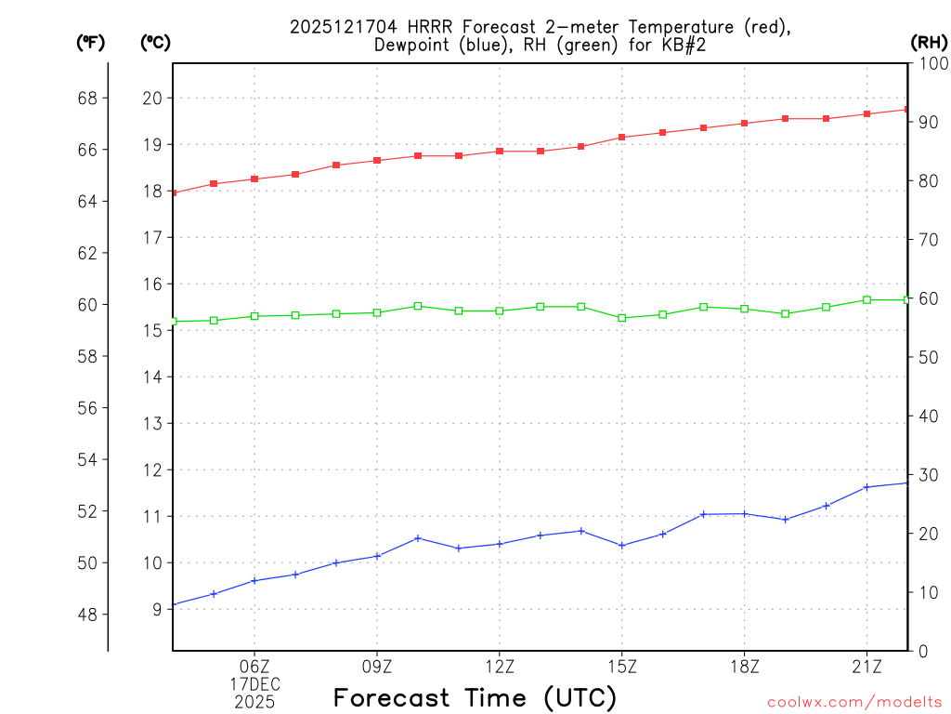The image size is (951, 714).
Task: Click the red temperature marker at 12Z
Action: click(500, 151)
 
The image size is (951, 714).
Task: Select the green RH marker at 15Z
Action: click(622, 318)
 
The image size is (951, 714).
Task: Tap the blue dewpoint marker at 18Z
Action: click(745, 513)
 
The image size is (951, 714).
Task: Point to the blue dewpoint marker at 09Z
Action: click(377, 556)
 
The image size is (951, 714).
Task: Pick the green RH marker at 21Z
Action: click(866, 299)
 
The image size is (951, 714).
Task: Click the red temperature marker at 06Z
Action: click(254, 178)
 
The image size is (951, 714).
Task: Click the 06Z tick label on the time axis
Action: click(254, 667)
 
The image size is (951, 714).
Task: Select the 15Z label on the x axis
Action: click(622, 667)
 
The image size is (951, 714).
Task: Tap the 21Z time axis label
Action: click(866, 667)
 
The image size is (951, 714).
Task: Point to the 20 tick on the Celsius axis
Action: click(152, 99)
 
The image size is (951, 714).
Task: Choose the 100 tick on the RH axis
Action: click(931, 63)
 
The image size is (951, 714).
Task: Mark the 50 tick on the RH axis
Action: click(928, 357)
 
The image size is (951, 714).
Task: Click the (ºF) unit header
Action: click(90, 43)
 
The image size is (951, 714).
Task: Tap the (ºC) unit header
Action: click(155, 43)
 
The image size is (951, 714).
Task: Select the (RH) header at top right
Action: click(929, 43)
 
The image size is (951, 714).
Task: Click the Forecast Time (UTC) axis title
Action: click(475, 697)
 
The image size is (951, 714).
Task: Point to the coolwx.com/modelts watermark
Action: click(855, 702)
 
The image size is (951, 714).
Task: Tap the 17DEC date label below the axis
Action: click(255, 684)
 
